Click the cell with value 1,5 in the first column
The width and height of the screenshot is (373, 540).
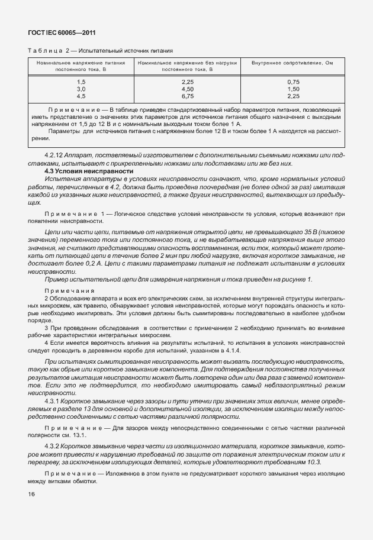coord(81,81)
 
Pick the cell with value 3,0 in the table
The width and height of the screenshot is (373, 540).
coord(81,88)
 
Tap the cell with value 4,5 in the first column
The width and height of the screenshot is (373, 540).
coord(81,95)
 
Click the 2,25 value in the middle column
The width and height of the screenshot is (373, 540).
coord(188,81)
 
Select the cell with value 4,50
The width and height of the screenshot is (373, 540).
coord(188,88)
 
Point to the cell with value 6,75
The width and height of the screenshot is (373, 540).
coord(188,95)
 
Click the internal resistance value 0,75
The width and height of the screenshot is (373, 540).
coord(293,81)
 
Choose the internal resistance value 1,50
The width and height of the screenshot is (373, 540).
coord(293,88)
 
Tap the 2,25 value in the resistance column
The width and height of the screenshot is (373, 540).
coord(293,95)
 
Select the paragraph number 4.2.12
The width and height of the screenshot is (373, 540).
coord(55,156)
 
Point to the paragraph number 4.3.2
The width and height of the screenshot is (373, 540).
coord(53,445)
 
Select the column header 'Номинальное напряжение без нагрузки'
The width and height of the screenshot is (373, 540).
coord(188,63)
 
